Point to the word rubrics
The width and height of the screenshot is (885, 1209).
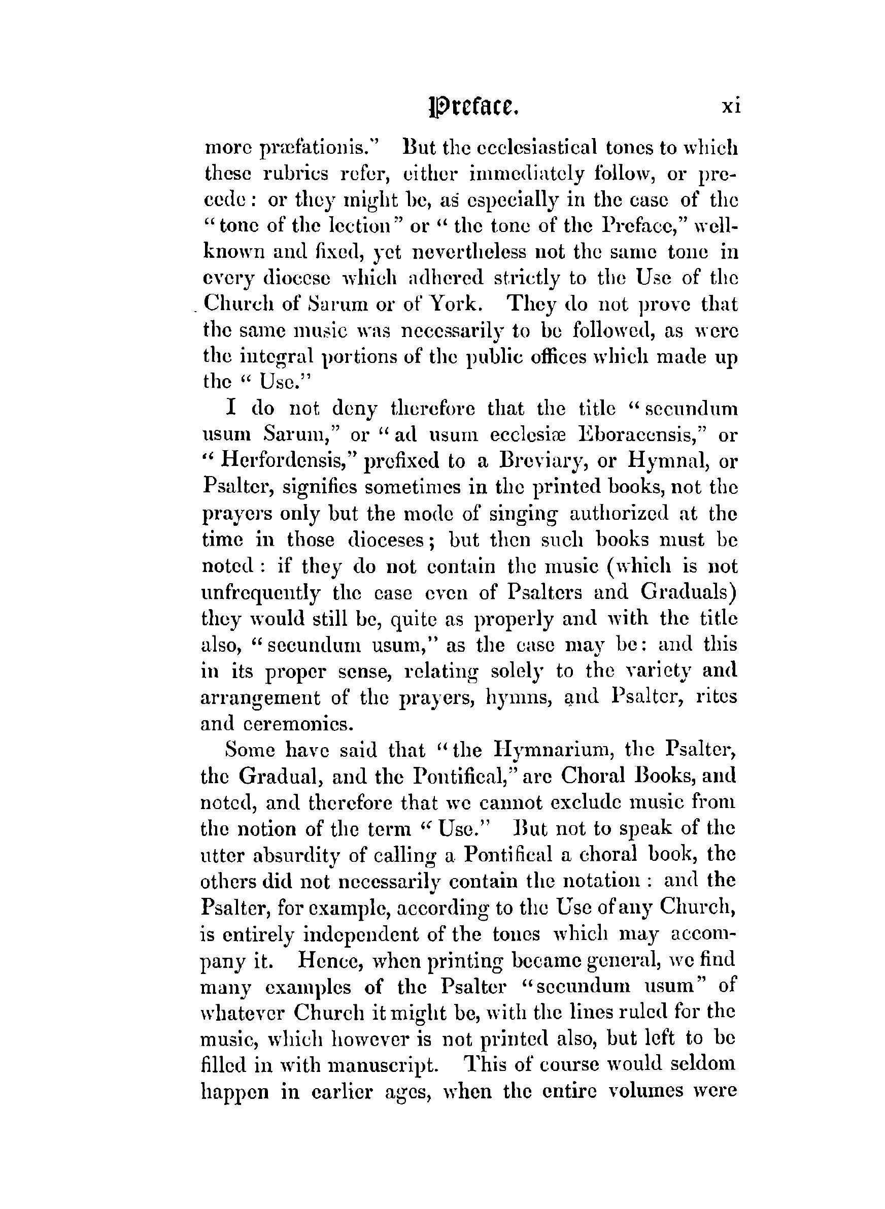[x=296, y=174]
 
